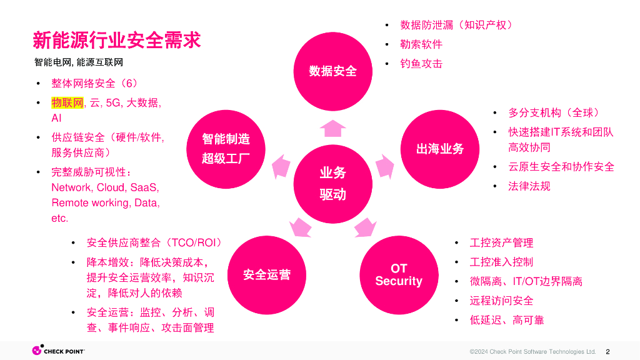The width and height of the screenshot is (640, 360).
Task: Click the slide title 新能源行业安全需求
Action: click(x=117, y=40)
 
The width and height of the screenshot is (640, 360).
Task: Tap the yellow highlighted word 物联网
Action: click(x=67, y=103)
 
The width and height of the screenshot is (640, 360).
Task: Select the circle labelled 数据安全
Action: click(x=332, y=71)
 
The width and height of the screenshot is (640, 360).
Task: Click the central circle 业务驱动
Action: click(x=332, y=184)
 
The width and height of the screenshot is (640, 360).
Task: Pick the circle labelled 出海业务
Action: click(x=440, y=149)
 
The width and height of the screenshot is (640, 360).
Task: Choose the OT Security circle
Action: click(x=399, y=275)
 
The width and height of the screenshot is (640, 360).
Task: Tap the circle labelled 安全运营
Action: click(x=267, y=275)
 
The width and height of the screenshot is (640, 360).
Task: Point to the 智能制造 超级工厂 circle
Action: click(x=226, y=149)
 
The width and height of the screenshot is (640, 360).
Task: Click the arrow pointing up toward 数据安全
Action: click(x=332, y=127)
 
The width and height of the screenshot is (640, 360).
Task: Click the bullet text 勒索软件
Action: click(x=421, y=44)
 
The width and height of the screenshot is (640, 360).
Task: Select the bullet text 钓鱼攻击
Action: click(x=421, y=64)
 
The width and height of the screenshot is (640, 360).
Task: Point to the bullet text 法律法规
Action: click(x=529, y=186)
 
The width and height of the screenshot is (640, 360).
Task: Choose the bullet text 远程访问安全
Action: click(x=501, y=301)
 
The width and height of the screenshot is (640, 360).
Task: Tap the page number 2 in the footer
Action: click(x=607, y=351)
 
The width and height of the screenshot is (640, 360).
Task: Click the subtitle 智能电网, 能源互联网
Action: click(x=79, y=62)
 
